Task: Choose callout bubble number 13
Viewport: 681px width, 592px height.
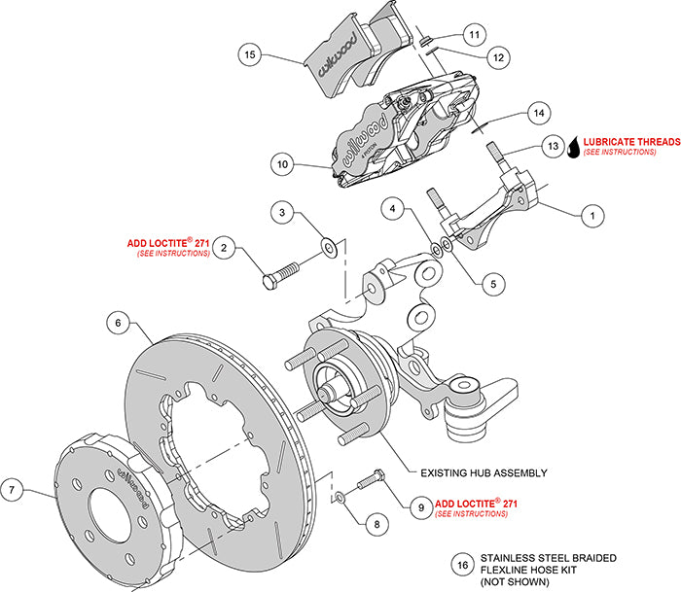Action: coord(554,145)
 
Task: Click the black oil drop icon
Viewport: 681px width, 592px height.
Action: coord(574,146)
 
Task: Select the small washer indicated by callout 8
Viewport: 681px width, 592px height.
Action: coord(338,499)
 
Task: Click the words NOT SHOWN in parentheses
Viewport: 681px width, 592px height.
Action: coord(511,580)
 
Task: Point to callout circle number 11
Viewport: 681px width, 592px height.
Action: coord(472,34)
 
